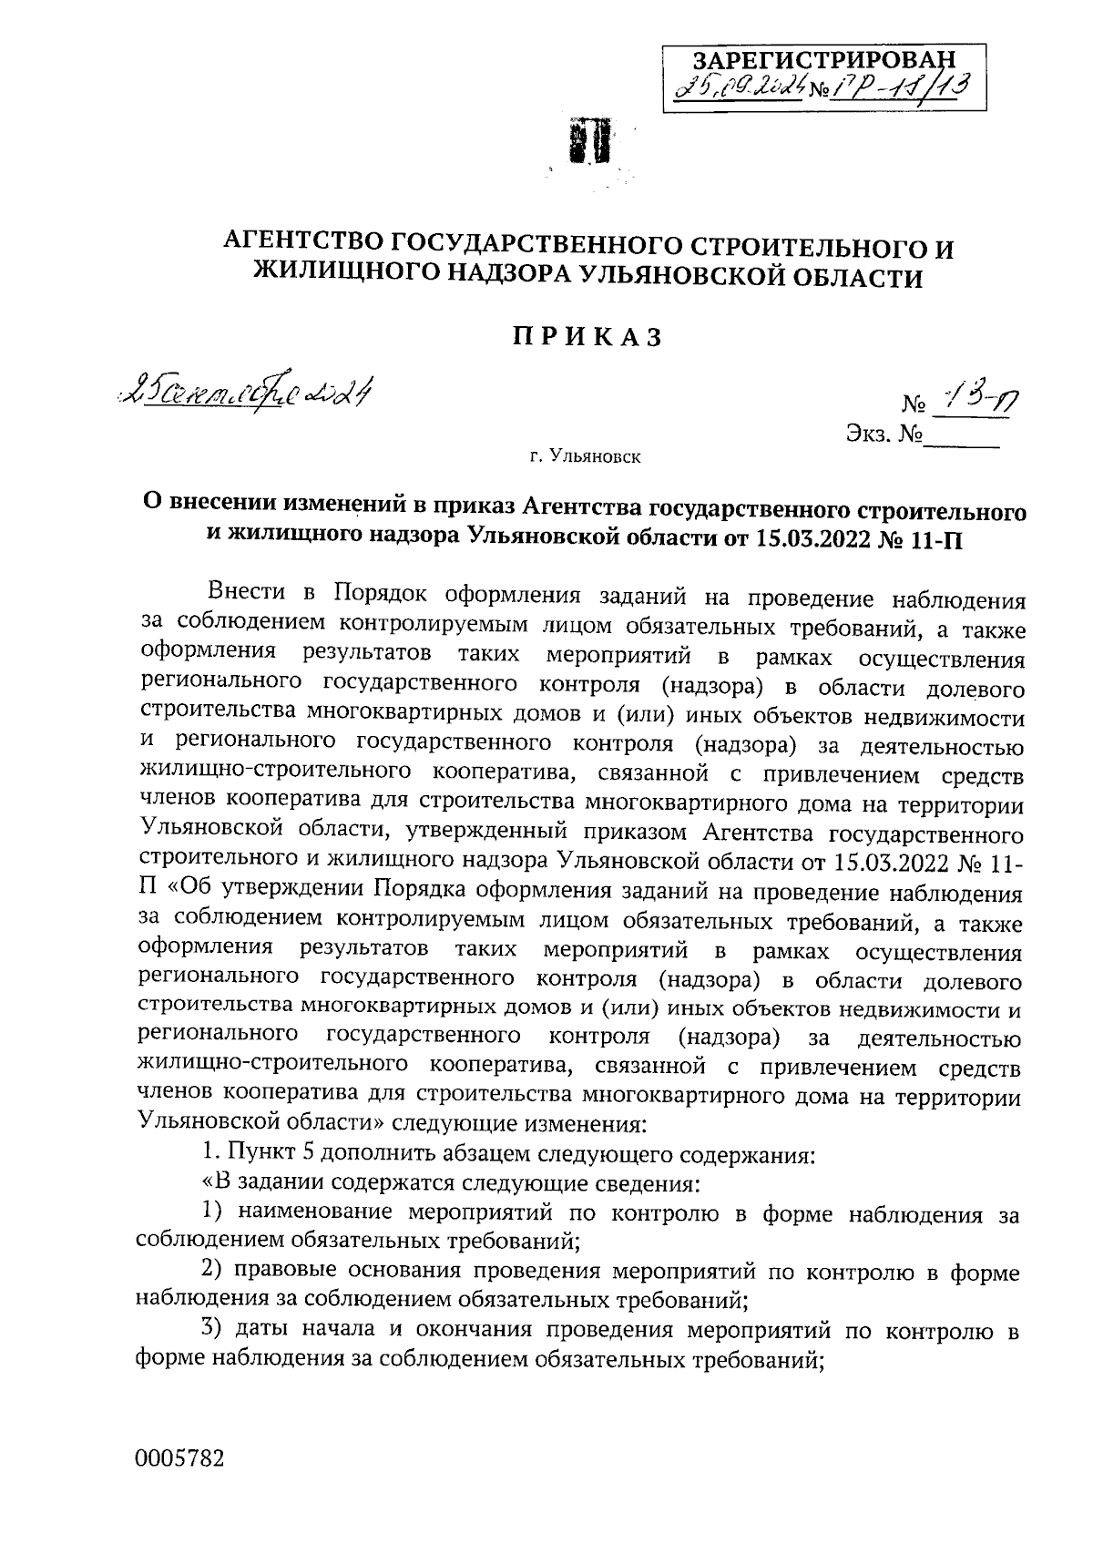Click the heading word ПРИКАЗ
tap(586, 337)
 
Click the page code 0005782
tap(179, 1458)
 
